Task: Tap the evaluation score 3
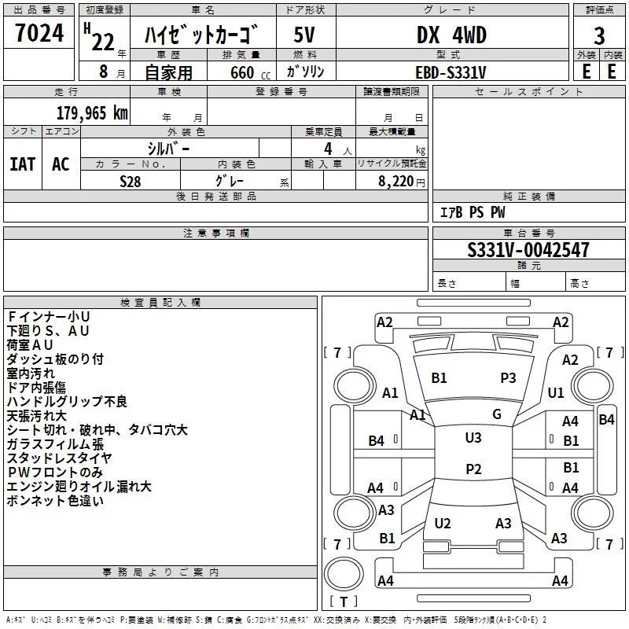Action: tap(599, 36)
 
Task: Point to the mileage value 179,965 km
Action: tap(91, 112)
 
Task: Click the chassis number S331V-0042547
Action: tap(528, 251)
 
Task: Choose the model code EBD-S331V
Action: tap(451, 72)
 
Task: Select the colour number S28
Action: tap(131, 180)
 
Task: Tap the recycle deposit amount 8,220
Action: tap(397, 181)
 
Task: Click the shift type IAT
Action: tap(22, 164)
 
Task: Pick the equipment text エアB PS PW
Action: tap(472, 212)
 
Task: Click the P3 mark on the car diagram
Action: tap(508, 377)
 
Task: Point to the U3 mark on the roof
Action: tap(473, 437)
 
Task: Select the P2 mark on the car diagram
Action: tap(473, 469)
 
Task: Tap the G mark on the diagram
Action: tap(496, 414)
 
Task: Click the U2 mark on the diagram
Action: tap(443, 523)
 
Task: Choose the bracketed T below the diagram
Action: tap(343, 602)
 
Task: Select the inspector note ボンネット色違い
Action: tap(55, 501)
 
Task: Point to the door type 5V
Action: tap(305, 35)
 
